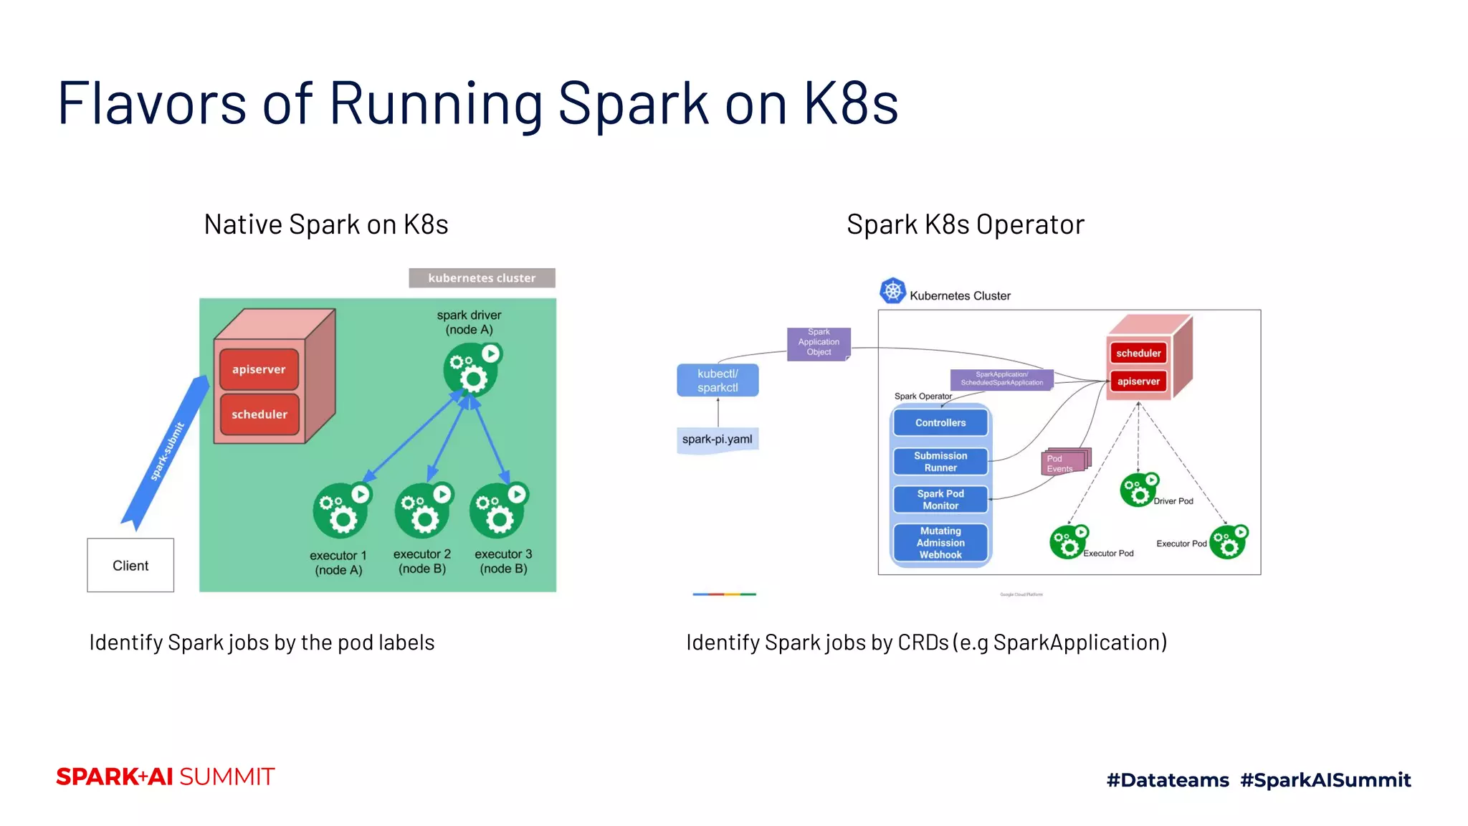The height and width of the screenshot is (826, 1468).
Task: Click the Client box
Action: click(x=130, y=565)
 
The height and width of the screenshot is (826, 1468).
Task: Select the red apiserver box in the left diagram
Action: click(x=259, y=369)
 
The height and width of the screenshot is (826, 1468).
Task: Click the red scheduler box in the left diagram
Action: click(x=259, y=414)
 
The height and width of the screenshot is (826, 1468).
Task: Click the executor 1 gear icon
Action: click(x=340, y=511)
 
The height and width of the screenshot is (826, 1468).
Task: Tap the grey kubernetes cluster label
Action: click(x=482, y=278)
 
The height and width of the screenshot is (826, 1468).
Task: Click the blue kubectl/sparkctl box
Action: click(x=718, y=381)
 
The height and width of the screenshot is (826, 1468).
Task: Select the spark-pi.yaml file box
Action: click(x=718, y=439)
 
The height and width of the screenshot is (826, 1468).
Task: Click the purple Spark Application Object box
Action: click(x=819, y=343)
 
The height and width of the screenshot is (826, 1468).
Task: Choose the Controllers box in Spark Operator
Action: click(x=940, y=423)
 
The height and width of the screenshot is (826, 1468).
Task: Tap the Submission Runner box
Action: click(x=940, y=462)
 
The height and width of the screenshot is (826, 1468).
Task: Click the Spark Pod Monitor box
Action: click(x=940, y=500)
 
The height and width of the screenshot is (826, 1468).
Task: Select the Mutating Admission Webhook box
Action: click(x=940, y=543)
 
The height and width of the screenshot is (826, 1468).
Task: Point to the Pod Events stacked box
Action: click(x=1064, y=463)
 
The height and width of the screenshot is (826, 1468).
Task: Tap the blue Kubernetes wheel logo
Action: click(x=892, y=291)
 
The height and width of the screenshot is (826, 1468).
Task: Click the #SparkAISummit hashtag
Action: click(x=1325, y=780)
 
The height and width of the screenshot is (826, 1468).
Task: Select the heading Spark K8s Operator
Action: click(x=966, y=224)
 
